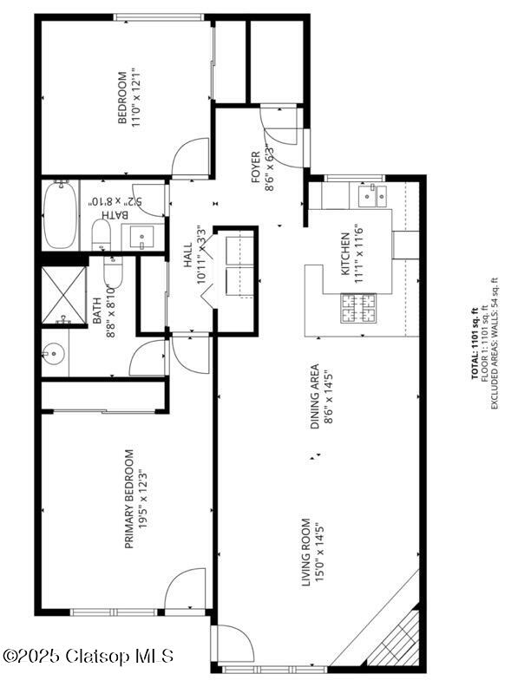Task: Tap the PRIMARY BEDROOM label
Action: tap(129, 499)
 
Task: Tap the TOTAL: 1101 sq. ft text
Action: tap(475, 343)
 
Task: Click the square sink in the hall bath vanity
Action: tap(141, 235)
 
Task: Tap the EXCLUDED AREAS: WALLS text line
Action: tap(495, 343)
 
